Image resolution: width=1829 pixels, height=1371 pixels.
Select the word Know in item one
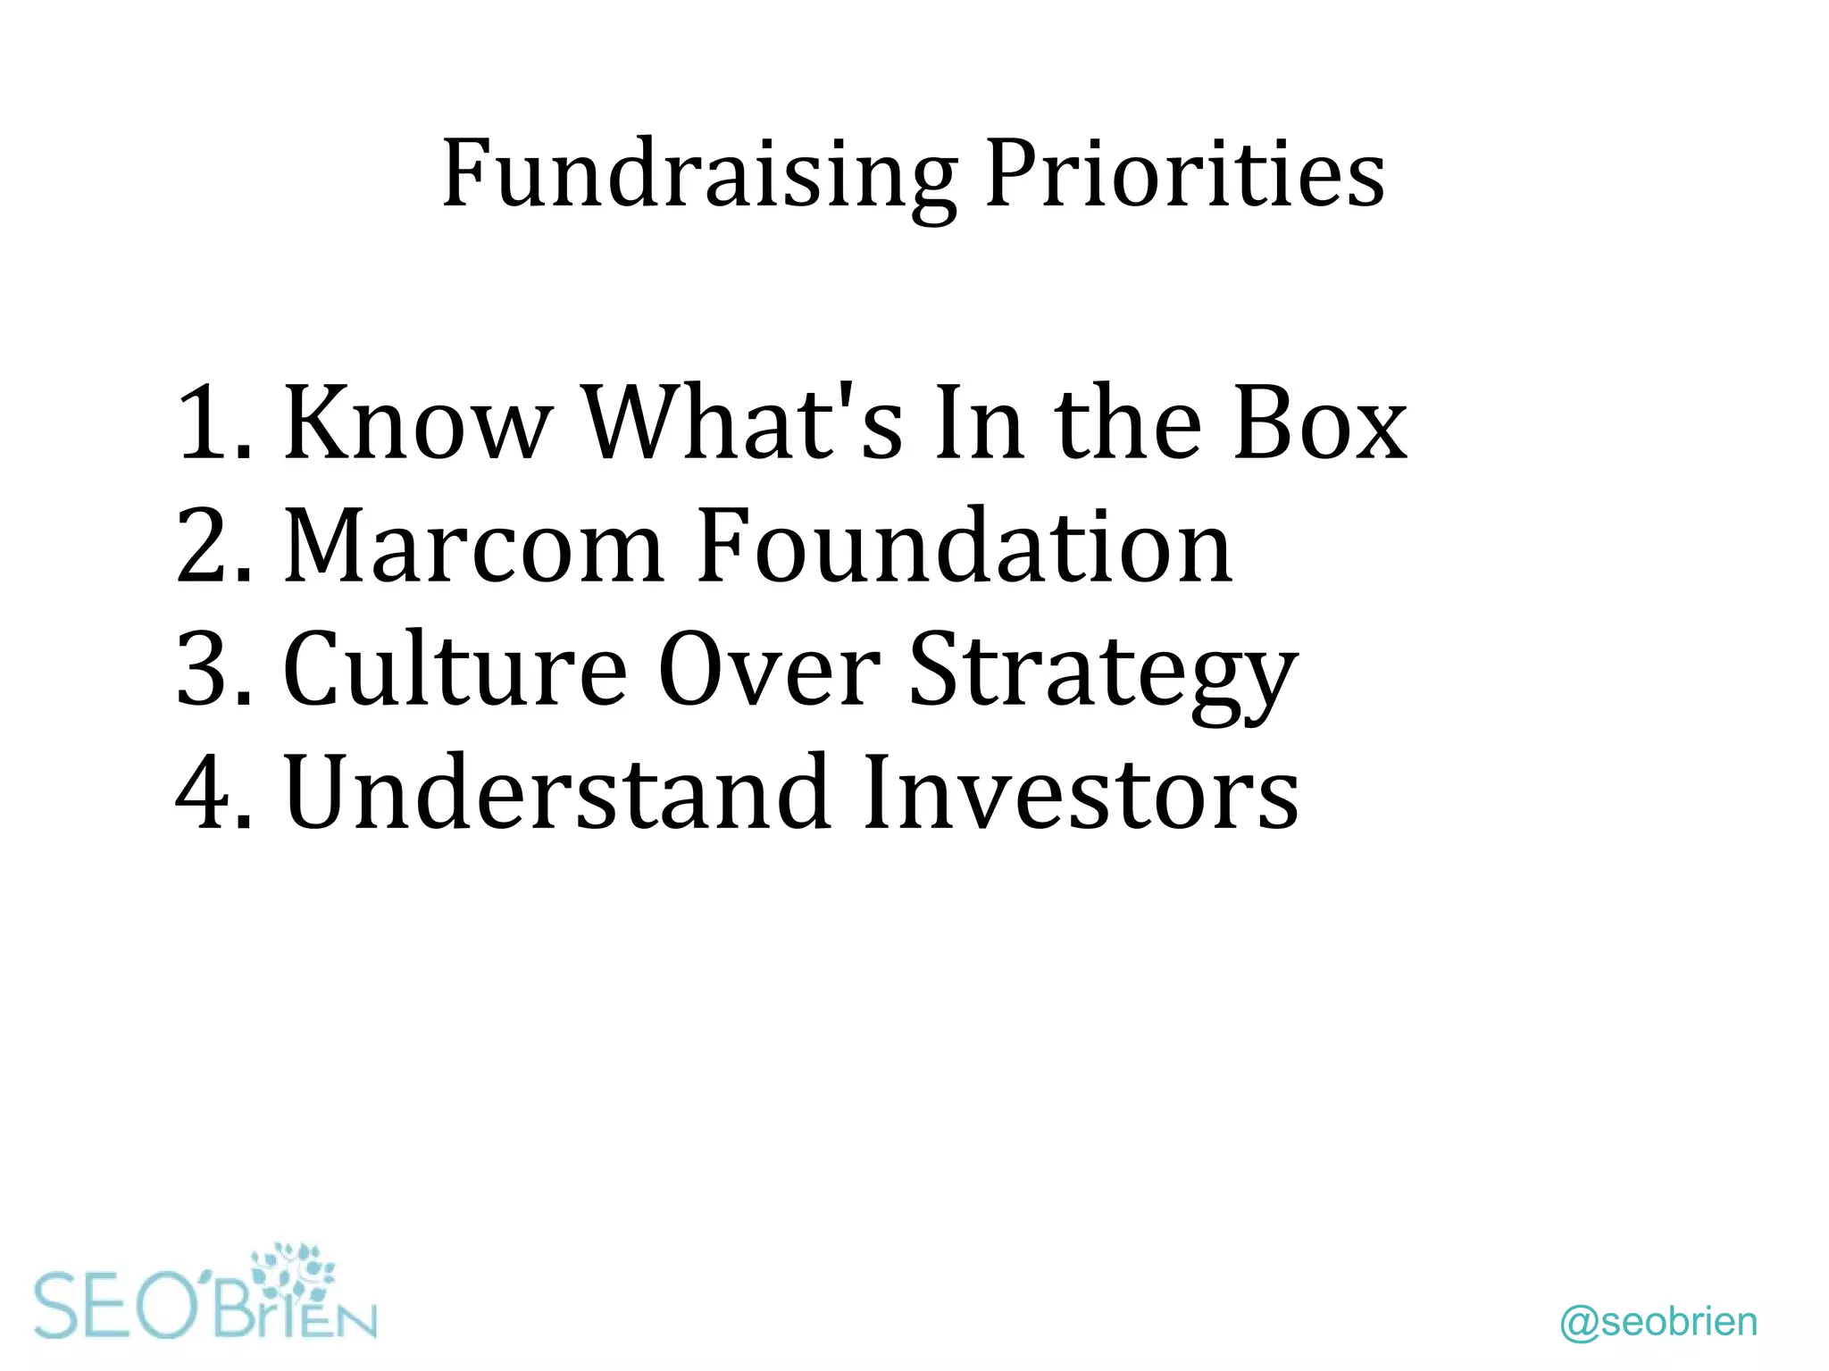coord(416,422)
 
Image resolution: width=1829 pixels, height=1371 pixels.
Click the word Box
coord(1319,422)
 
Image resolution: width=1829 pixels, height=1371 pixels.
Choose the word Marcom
coord(473,545)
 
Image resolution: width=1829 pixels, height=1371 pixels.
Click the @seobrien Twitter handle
coord(1658,1322)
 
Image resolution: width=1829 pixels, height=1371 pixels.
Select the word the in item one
coord(1127,422)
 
